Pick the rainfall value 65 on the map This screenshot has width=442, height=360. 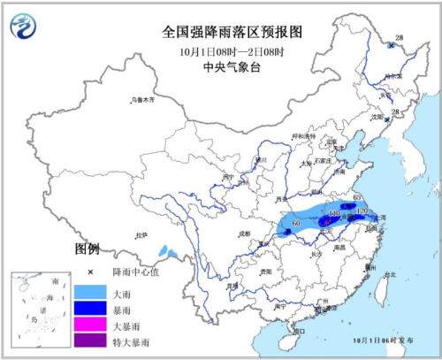coord(358,197)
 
